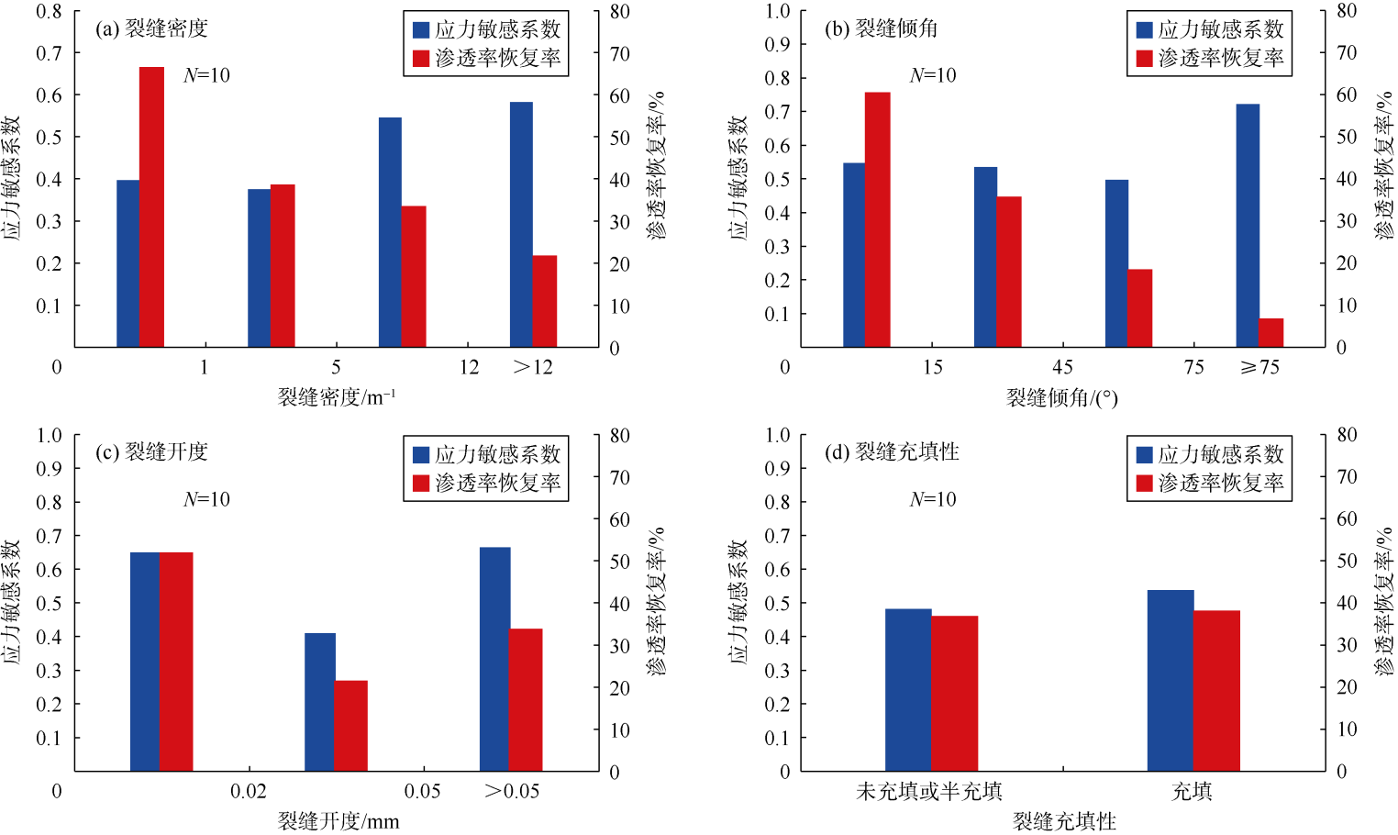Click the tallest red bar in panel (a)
tap(151, 206)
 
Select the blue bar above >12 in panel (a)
tap(521, 224)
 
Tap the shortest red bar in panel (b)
tap(1270, 332)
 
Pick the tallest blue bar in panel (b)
tap(1248, 225)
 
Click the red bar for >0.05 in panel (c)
tap(526, 699)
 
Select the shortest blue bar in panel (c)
tap(320, 701)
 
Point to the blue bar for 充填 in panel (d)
tap(1171, 680)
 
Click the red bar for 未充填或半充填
tap(955, 693)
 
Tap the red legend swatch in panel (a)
tap(421, 58)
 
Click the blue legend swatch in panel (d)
tap(1144, 454)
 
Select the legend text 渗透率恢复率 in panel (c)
tap(497, 483)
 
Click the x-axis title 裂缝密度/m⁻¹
tap(337, 397)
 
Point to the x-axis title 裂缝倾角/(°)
tap(1061, 397)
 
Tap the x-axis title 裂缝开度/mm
tap(338, 821)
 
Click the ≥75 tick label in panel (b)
tap(1259, 368)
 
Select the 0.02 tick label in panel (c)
tap(249, 791)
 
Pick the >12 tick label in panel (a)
tap(533, 368)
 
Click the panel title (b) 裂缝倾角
tap(881, 28)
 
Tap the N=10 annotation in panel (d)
tap(933, 499)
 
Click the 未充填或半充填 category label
tap(928, 791)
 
